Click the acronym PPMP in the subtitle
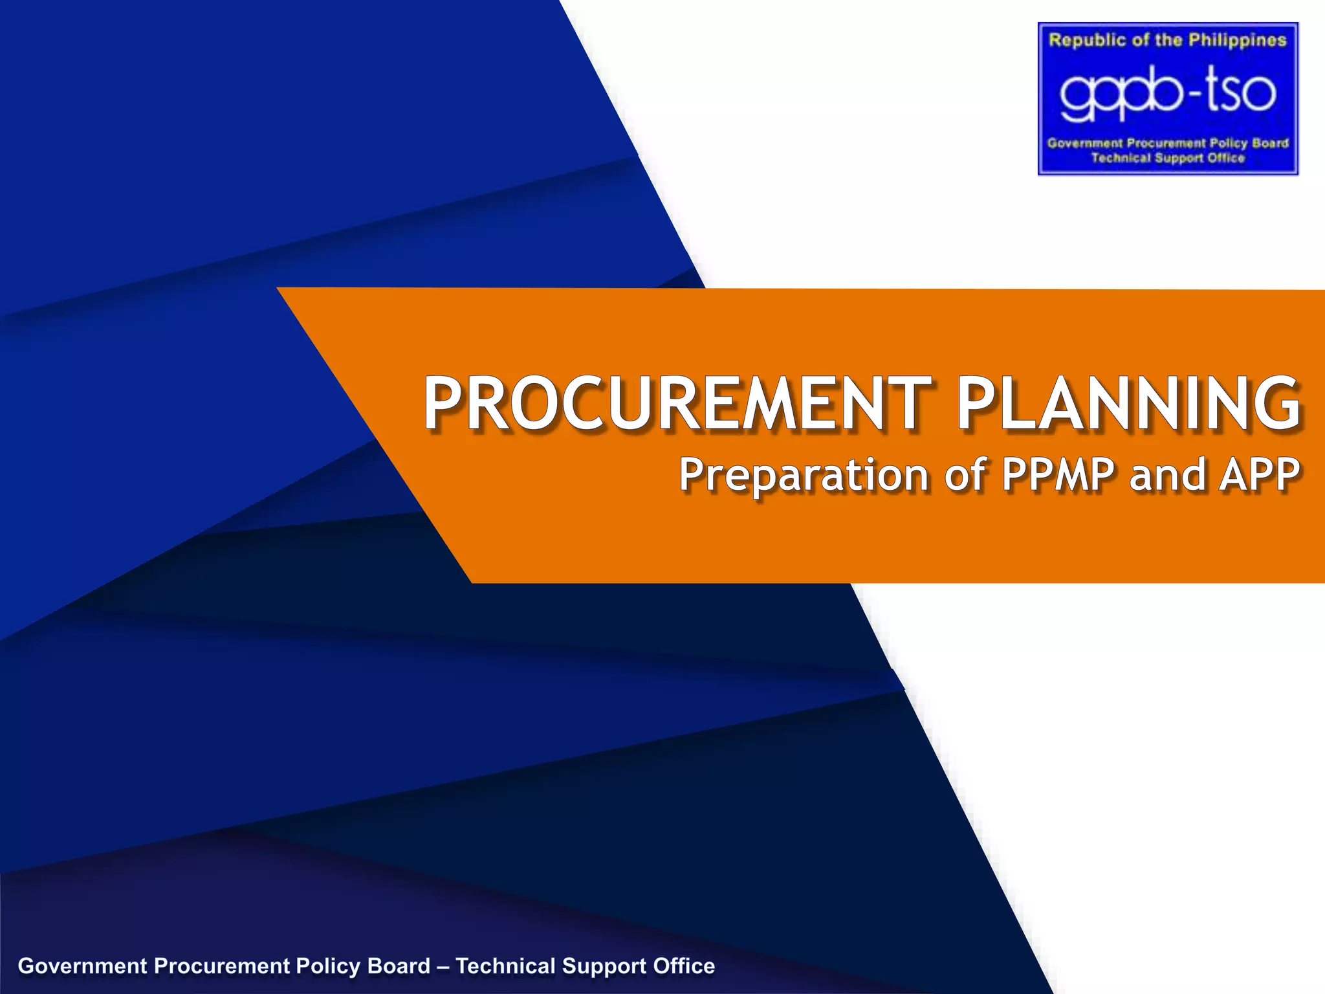(x=1058, y=474)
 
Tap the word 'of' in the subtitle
(x=966, y=474)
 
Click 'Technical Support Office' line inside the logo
(x=1167, y=158)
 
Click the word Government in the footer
(x=83, y=966)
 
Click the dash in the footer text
(x=443, y=966)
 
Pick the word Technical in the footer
(x=505, y=966)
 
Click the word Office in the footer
(x=684, y=966)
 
